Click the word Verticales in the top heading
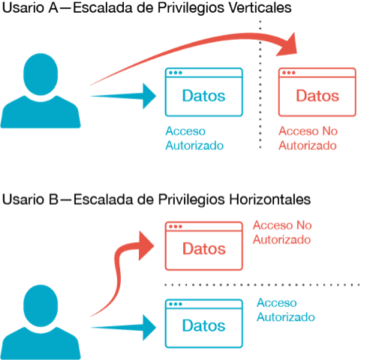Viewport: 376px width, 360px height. coord(260,7)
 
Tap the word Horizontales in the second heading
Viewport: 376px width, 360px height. coord(270,199)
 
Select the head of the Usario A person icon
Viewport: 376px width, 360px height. coord(41,74)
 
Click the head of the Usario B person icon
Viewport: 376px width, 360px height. coord(41,305)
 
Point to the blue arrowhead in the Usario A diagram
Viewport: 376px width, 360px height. coord(149,96)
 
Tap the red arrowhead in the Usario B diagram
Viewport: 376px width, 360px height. coord(146,245)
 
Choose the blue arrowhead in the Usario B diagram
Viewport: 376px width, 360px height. coord(149,328)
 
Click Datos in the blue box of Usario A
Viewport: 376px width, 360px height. coord(203,96)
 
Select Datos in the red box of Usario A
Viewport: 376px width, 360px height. coord(317,96)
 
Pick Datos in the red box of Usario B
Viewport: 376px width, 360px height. coord(204,249)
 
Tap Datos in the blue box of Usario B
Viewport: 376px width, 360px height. coord(203,325)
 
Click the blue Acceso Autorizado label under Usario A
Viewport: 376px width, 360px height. coord(194,138)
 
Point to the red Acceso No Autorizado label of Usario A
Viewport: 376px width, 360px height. coord(308,138)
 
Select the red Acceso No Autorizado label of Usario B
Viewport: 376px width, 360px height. coord(282,232)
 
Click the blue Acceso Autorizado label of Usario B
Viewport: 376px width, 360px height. coord(286,310)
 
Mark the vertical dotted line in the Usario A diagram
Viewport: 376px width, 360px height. coord(260,85)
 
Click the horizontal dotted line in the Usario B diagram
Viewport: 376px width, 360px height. coord(262,285)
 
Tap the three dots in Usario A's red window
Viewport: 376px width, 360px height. coord(288,73)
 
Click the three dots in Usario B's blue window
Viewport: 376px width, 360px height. coord(176,304)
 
